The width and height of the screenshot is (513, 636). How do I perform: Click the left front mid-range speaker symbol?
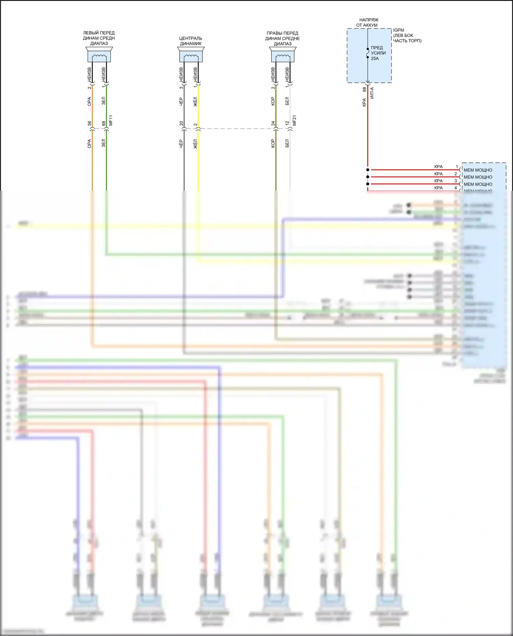[99, 55]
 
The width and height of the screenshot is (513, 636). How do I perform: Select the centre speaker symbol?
[191, 55]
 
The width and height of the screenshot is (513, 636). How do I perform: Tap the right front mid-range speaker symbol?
[283, 55]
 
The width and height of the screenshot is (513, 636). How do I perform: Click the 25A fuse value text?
[375, 58]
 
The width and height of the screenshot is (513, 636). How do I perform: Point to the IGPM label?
[398, 30]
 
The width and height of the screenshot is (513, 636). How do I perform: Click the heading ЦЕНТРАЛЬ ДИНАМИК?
[191, 41]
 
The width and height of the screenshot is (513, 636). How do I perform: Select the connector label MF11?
[110, 120]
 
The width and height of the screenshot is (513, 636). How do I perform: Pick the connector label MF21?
[294, 120]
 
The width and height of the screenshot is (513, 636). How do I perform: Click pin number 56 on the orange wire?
[89, 123]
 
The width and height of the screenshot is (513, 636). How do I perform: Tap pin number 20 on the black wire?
[181, 123]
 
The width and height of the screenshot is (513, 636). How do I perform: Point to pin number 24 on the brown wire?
[273, 123]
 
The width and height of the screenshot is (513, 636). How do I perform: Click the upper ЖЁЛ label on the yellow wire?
[195, 102]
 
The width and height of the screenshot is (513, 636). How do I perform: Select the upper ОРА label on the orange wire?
[89, 102]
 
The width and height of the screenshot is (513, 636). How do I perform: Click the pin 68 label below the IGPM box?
[364, 89]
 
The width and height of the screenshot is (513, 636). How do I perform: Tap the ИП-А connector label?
[372, 93]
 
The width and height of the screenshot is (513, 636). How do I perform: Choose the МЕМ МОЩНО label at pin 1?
[478, 170]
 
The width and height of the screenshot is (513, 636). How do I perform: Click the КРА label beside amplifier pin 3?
[438, 181]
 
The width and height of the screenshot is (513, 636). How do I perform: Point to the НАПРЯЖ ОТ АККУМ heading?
[367, 23]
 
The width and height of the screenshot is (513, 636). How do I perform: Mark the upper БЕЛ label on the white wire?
[287, 101]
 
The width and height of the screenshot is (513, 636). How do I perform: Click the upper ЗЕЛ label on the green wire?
[104, 101]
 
